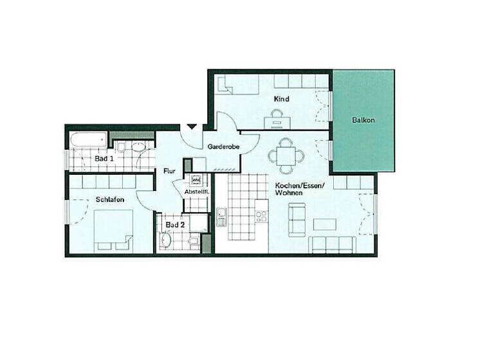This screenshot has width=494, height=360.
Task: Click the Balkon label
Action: [363, 120]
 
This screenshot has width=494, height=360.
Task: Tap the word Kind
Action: [281, 99]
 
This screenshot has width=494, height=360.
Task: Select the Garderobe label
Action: [223, 147]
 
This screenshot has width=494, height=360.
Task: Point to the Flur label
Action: [170, 171]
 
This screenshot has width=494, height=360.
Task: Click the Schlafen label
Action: [109, 200]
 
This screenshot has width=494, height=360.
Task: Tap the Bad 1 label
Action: [104, 158]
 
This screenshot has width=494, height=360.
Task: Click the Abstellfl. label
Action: [196, 192]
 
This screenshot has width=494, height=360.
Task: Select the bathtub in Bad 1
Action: [89, 139]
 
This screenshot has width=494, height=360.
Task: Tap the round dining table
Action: [284, 155]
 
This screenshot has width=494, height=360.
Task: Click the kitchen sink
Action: [221, 217]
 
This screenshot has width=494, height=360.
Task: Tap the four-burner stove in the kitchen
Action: [261, 216]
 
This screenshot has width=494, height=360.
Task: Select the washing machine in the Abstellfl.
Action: [196, 180]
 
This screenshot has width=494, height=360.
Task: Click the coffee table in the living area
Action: [325, 225]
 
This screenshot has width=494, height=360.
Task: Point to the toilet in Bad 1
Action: [140, 148]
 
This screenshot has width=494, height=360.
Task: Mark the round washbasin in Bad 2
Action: [166, 240]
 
